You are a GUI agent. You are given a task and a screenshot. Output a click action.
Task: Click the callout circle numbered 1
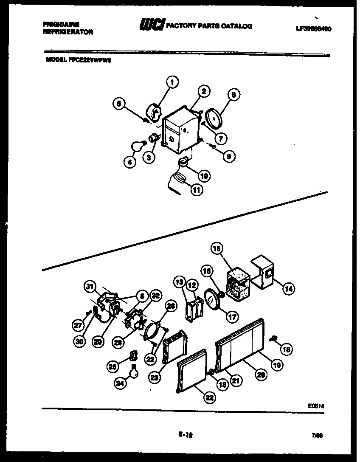(172, 82)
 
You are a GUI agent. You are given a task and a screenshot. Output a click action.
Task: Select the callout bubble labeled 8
(233, 96)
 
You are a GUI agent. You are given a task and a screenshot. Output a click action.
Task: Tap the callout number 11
(196, 190)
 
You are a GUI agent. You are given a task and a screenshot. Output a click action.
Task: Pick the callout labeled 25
(112, 366)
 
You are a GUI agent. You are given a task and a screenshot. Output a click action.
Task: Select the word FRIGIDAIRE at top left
(61, 25)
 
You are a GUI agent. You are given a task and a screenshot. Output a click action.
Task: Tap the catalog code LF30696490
(313, 29)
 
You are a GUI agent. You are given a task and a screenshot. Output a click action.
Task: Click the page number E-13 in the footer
(183, 435)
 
